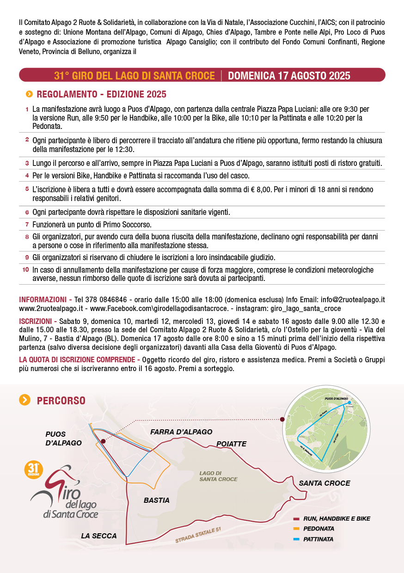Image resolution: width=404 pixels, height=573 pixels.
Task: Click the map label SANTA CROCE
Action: [324, 483]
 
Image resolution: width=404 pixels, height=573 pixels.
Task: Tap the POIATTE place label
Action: [231, 444]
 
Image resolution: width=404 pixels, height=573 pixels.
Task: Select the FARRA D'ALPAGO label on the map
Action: [181, 432]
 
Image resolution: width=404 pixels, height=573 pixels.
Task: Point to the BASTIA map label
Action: [157, 500]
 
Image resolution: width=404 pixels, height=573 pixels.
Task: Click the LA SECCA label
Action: [99, 536]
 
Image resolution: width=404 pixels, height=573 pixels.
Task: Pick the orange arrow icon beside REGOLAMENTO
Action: [29, 94]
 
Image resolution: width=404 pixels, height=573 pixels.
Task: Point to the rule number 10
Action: [26, 269]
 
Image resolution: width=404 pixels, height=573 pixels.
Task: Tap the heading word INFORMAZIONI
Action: [43, 299]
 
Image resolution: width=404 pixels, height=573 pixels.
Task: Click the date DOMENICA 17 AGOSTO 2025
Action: [289, 75]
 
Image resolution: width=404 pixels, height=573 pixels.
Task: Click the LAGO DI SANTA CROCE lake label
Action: [218, 476]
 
